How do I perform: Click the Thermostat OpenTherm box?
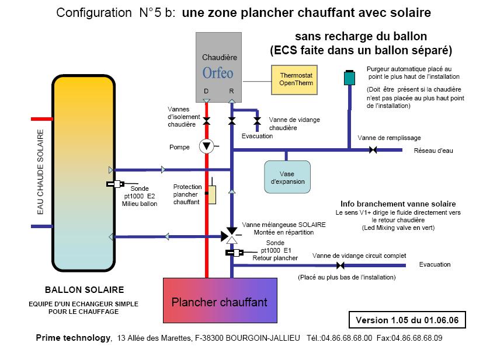pos(297,79)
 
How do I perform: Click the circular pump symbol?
pos(206,146)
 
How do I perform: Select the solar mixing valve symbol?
pos(232,236)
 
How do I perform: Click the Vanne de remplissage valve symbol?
pos(373,151)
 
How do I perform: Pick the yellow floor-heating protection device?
pos(211,195)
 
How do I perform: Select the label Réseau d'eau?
pos(433,151)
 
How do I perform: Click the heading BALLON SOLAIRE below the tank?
pos(84,289)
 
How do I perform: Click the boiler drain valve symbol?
pos(257,121)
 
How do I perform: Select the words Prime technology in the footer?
pos(73,338)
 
